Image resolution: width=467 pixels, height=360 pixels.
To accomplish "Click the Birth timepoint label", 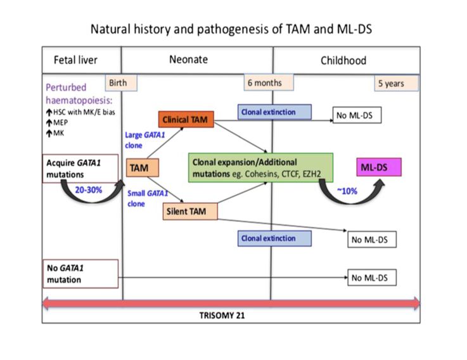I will pyautogui.click(x=117, y=83).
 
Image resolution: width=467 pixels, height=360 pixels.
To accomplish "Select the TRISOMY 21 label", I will pyautogui.click(x=231, y=316).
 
